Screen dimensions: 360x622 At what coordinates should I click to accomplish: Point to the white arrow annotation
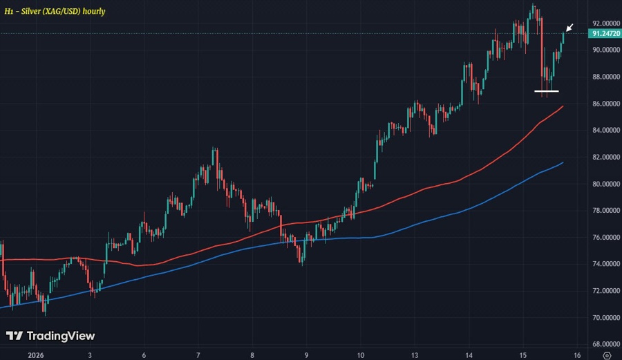[x=569, y=28]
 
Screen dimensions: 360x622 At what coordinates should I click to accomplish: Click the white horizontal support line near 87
[x=546, y=91]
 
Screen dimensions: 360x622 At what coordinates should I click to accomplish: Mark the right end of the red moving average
[x=563, y=106]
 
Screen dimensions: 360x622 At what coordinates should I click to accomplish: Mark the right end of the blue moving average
[x=563, y=163]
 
